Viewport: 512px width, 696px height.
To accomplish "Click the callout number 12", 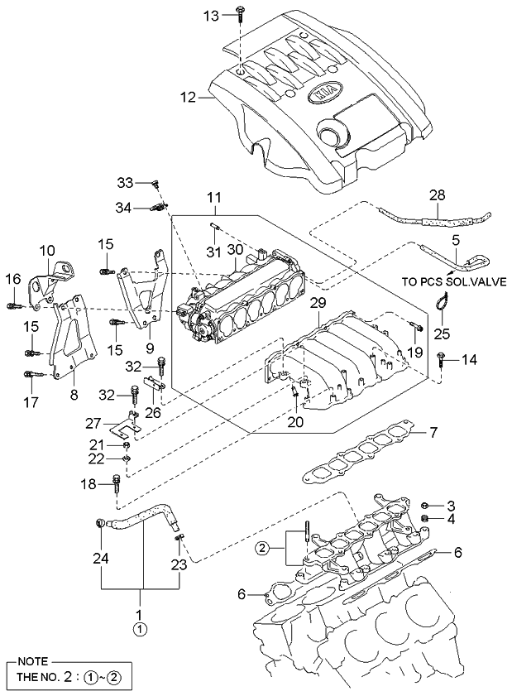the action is (x=188, y=97).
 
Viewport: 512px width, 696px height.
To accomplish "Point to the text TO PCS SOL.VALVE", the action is (x=454, y=281).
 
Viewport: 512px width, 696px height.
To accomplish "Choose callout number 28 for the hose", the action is (x=437, y=195).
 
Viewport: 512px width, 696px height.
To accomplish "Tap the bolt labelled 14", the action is (x=441, y=359).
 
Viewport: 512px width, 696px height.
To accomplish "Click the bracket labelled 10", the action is (x=51, y=284).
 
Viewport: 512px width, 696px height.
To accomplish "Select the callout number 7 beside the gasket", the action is (x=433, y=432).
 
